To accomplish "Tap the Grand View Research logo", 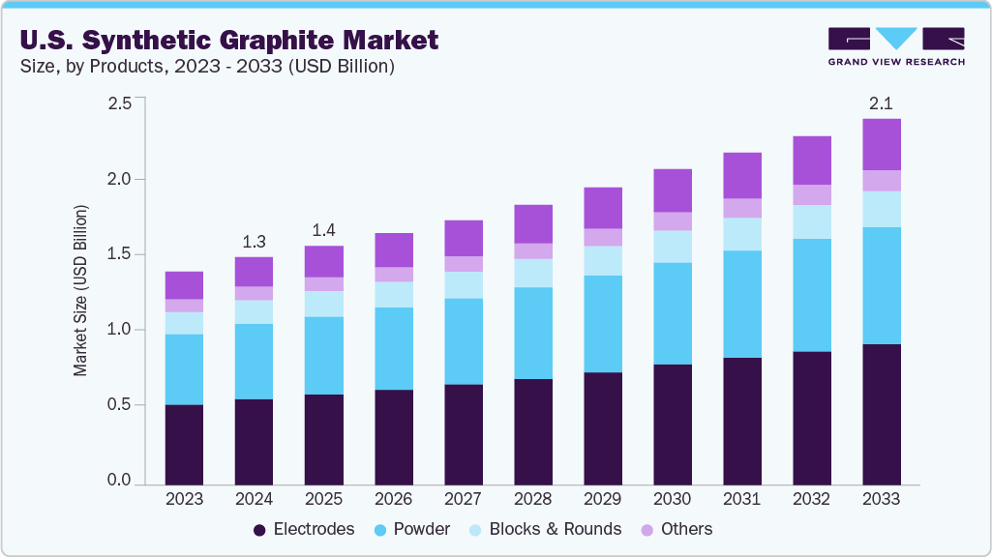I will click(896, 45).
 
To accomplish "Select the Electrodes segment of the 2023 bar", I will click(184, 444).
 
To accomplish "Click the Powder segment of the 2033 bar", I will click(882, 285).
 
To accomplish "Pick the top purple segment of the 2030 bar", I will click(673, 190).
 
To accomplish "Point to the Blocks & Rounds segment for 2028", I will click(533, 273).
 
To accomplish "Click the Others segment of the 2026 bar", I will click(394, 275).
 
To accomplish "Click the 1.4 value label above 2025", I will click(323, 230).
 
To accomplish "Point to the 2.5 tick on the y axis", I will click(119, 103).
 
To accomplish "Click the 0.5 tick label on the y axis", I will click(119, 405).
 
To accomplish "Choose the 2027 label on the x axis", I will click(464, 499).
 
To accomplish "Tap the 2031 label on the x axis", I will click(742, 499).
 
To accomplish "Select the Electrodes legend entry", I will click(304, 529).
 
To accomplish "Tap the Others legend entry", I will click(676, 529).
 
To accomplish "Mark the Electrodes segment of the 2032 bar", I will click(812, 417).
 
